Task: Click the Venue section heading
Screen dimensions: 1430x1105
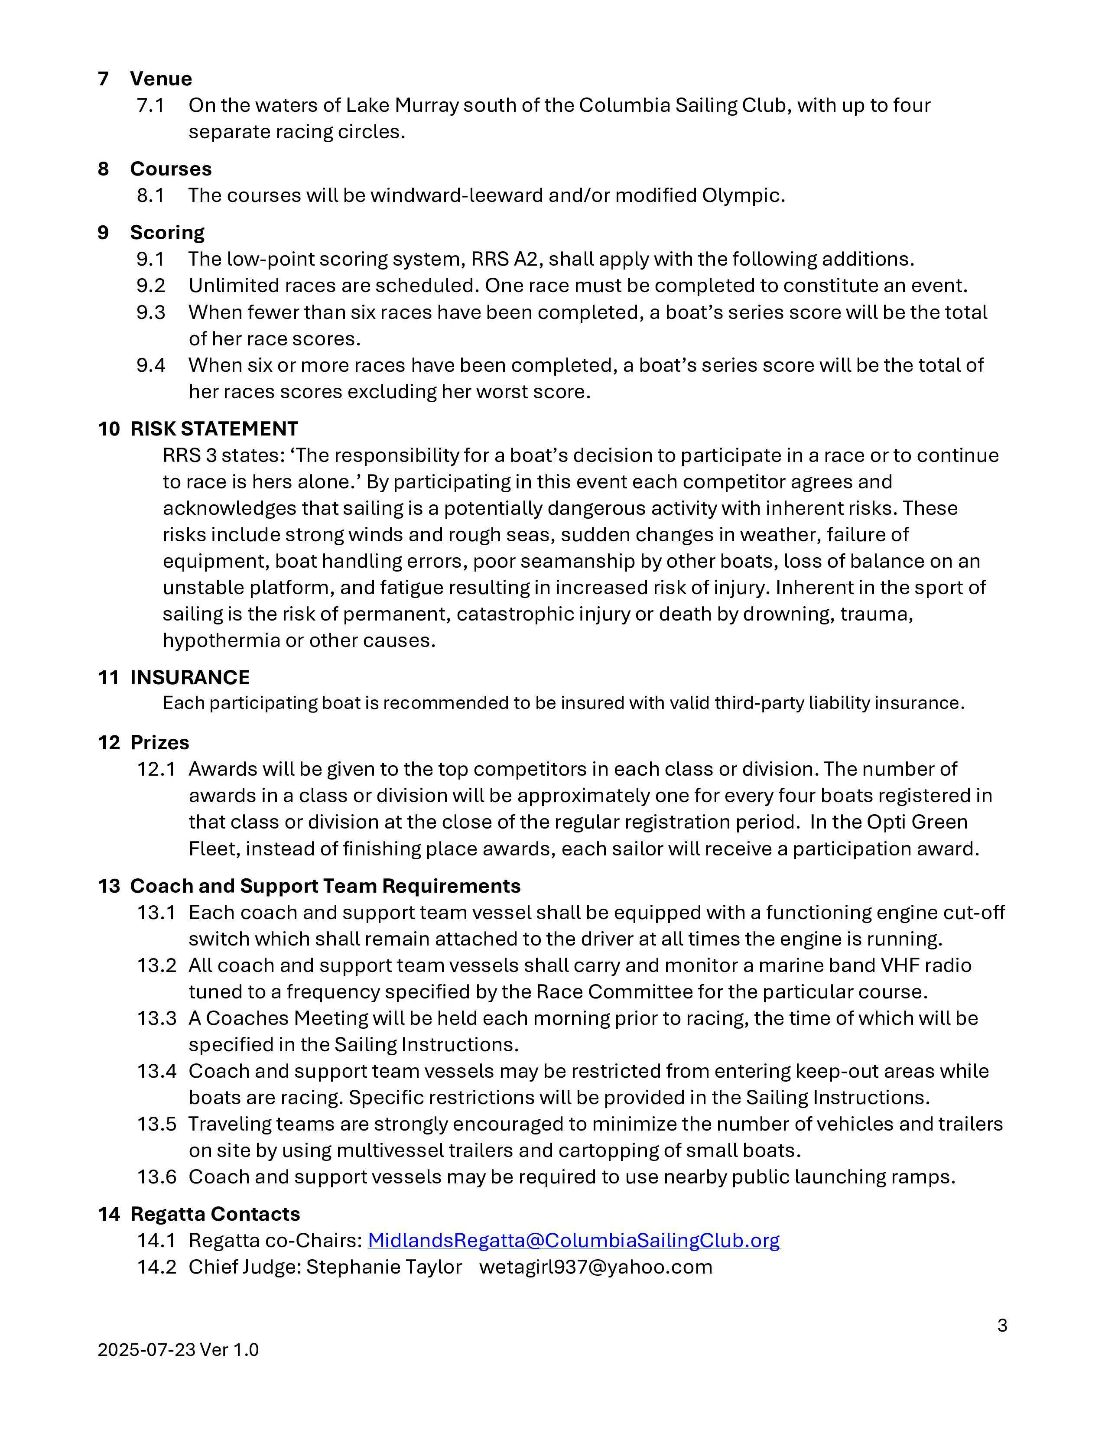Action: pos(160,78)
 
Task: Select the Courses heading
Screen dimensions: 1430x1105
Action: pos(171,169)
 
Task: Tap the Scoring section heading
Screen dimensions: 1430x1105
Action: pos(167,232)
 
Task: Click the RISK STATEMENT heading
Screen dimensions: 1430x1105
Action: pos(214,429)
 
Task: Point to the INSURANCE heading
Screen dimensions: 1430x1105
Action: pos(190,677)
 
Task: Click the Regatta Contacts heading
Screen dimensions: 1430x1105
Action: pos(214,1214)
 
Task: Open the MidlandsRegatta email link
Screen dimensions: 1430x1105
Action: pos(573,1240)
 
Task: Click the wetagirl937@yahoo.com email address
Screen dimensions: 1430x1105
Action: pos(596,1267)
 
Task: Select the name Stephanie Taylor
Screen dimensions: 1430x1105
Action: pos(384,1267)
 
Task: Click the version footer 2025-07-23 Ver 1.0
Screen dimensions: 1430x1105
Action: pos(178,1349)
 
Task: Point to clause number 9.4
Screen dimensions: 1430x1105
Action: pos(150,365)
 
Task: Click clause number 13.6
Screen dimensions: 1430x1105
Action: pos(156,1176)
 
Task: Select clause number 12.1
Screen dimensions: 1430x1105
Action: pos(156,769)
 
